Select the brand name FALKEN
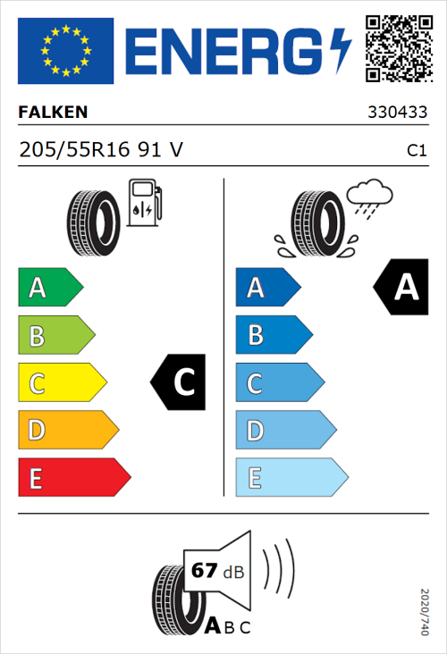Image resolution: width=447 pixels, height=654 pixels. tap(53, 113)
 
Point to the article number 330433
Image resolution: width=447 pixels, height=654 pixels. tap(397, 113)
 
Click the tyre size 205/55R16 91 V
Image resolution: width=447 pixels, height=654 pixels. tap(101, 151)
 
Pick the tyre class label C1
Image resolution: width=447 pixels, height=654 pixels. tap(416, 151)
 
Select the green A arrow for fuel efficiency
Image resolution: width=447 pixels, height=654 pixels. tap(49, 288)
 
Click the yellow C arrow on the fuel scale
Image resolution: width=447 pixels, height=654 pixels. tap(61, 383)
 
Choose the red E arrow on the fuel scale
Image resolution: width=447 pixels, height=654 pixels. tap(72, 478)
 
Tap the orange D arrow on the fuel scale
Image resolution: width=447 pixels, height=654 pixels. tap(67, 431)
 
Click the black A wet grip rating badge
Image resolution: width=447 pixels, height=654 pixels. tap(400, 288)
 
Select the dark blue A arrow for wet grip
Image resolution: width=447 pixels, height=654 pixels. tap(266, 288)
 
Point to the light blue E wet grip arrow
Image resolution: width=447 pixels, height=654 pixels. tap(290, 478)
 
